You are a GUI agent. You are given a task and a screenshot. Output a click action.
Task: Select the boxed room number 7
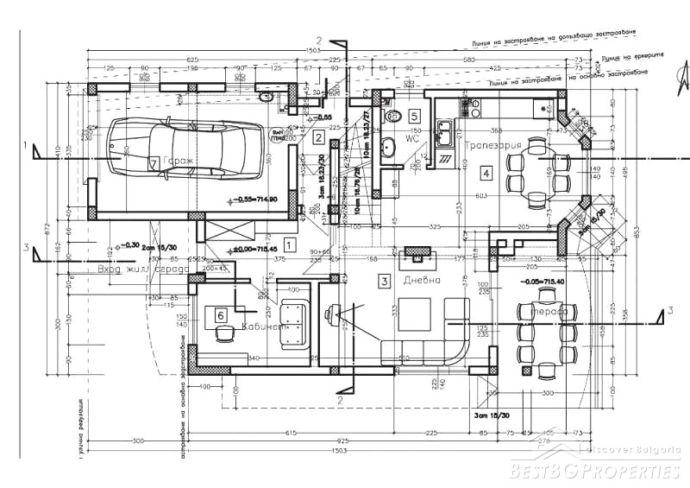(154, 162)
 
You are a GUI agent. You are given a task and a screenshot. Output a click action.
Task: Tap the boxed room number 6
(221, 316)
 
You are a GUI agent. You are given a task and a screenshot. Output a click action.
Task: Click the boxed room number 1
(290, 244)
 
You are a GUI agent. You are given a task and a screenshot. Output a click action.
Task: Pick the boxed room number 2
(318, 136)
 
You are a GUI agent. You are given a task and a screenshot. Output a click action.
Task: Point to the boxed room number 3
(385, 280)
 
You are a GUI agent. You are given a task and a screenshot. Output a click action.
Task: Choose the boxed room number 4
(486, 174)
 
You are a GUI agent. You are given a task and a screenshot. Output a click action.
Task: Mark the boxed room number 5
(414, 115)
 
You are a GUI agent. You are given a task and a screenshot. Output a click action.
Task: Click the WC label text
(412, 137)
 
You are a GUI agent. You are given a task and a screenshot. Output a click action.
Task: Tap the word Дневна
(423, 281)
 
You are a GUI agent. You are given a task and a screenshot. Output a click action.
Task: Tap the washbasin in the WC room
(387, 144)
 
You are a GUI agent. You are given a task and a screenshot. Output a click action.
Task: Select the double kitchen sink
(445, 134)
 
